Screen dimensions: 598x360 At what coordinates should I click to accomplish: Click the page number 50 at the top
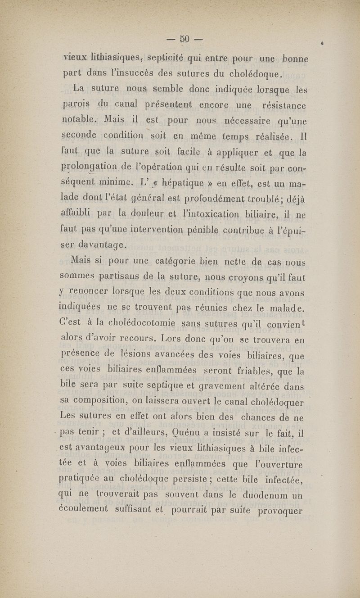[184, 39]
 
